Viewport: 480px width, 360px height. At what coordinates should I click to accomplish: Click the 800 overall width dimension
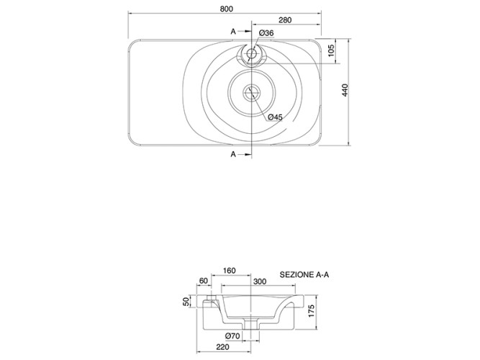(227, 9)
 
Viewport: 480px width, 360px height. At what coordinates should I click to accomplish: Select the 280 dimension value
(285, 20)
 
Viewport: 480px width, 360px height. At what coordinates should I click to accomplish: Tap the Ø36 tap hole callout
(266, 33)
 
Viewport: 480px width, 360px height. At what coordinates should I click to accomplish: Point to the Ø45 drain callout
(275, 117)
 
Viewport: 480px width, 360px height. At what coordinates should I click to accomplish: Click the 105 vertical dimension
(331, 50)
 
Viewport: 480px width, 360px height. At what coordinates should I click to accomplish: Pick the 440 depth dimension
(345, 91)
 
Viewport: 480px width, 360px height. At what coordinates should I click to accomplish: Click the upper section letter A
(233, 31)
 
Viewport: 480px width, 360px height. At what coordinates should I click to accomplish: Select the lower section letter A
(233, 154)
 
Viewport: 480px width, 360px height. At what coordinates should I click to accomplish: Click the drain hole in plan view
(252, 92)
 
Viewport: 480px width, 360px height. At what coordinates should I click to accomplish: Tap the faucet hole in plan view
(252, 54)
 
